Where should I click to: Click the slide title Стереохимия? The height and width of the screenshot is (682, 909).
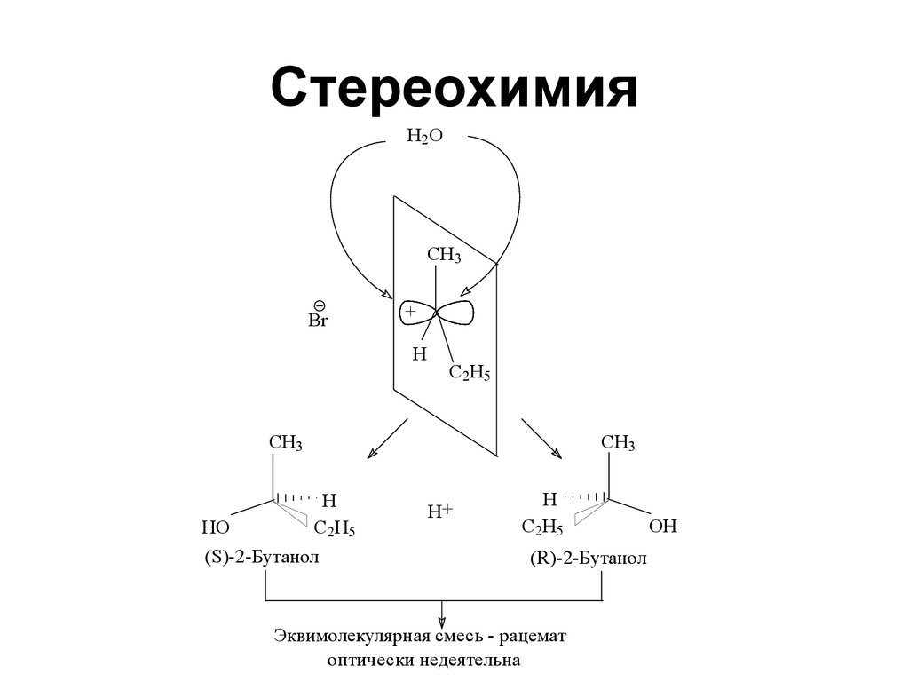(x=454, y=89)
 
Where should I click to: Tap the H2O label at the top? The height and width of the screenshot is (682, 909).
(x=424, y=136)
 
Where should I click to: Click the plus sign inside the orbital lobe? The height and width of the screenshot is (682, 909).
(x=410, y=313)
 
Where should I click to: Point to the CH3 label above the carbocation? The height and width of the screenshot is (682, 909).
(x=444, y=256)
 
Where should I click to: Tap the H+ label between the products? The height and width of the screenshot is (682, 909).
(x=440, y=511)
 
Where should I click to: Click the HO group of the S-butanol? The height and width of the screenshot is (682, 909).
(x=216, y=527)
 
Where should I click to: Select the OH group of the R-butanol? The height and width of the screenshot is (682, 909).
(x=663, y=527)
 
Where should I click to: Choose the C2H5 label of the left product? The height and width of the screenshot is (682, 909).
(x=335, y=529)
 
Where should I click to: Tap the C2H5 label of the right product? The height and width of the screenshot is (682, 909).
(x=542, y=528)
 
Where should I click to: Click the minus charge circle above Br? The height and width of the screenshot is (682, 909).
(x=319, y=305)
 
